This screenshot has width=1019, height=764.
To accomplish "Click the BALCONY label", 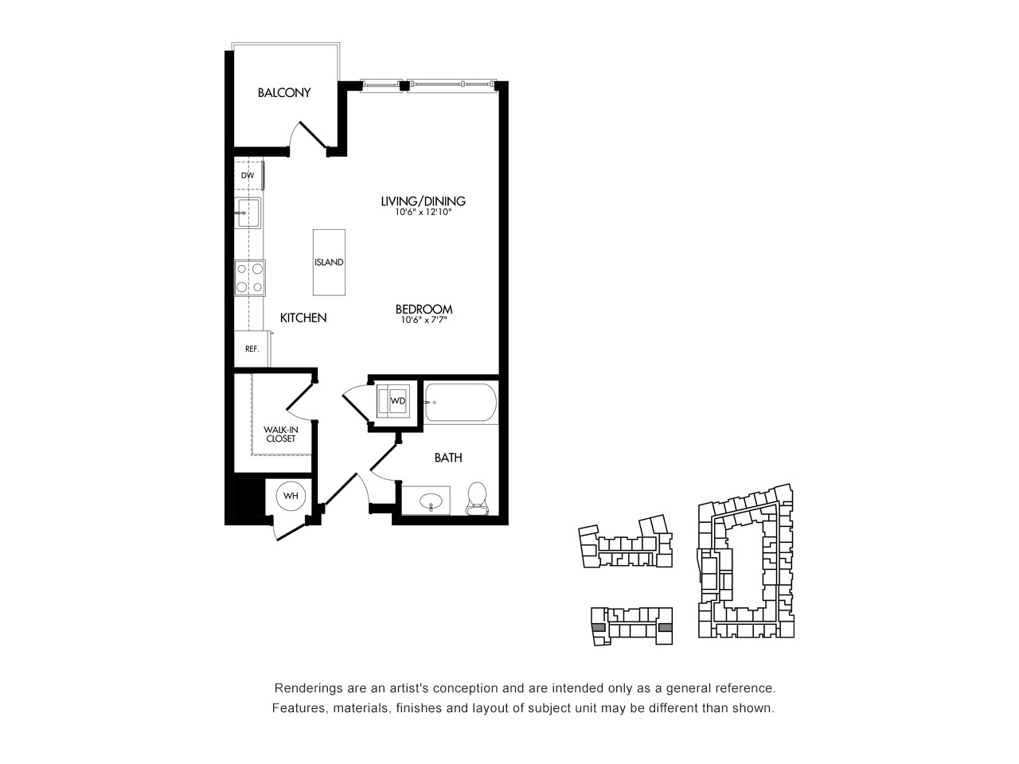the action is coord(284,93).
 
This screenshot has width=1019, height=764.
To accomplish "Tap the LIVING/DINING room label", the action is coord(423,201).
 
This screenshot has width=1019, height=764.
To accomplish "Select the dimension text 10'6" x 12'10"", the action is coord(423,212).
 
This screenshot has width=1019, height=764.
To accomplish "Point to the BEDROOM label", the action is coord(424,310).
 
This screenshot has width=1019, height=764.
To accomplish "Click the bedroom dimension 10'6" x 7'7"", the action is coord(424,320).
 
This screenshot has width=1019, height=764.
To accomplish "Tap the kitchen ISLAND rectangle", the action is coord(329,262).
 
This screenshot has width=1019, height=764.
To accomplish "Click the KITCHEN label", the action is coord(303,318).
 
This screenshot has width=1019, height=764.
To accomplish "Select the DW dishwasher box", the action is coord(248,175).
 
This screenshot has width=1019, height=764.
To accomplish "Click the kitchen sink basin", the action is coord(248,212).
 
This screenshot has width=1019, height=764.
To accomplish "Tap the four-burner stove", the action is coord(250,278).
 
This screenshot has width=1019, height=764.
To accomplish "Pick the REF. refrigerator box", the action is coord(252,349).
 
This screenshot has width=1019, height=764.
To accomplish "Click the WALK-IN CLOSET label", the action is coord(281,435).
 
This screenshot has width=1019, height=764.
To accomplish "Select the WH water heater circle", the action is coord(291,496).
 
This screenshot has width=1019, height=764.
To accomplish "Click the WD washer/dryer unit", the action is coord(393,401).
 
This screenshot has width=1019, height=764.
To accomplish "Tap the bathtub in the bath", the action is coord(460,403).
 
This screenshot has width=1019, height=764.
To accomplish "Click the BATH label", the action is coord(448,458).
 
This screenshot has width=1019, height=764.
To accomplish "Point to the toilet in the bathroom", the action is coord(477,499).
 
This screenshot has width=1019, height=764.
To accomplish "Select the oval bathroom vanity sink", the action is coord(431,501).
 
